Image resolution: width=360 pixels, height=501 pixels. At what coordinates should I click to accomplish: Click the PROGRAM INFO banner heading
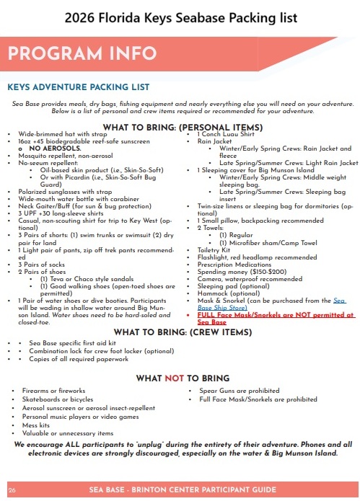click(83, 53)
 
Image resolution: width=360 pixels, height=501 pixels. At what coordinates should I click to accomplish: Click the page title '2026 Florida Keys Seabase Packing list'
click(180, 17)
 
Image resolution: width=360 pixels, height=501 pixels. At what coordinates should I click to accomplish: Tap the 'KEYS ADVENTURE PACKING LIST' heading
click(78, 87)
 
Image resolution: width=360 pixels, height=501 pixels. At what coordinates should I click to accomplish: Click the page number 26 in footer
click(12, 489)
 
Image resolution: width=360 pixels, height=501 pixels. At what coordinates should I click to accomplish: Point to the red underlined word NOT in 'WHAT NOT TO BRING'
click(174, 378)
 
